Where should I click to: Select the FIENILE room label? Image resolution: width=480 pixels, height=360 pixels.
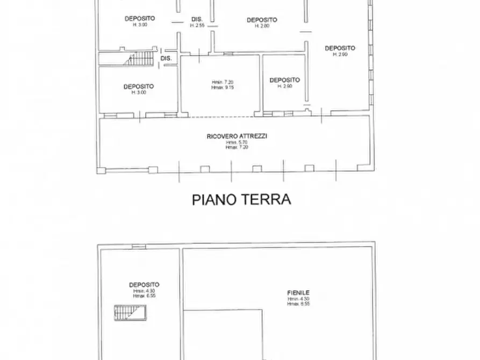[x=298, y=293]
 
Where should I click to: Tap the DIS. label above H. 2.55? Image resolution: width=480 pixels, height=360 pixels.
[x=197, y=20]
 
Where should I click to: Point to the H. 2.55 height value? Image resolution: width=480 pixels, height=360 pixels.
[x=197, y=25]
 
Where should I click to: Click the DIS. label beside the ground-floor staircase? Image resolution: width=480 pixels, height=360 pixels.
[x=166, y=58]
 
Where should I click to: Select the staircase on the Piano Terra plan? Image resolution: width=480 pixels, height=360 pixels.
[x=139, y=59]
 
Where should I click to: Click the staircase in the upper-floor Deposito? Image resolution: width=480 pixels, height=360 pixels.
[x=130, y=312]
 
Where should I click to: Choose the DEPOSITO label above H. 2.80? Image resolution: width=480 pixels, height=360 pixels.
[x=262, y=20]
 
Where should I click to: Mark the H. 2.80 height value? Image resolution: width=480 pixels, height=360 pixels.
[x=262, y=26]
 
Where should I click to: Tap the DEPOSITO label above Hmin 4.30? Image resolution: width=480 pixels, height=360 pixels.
[x=144, y=285]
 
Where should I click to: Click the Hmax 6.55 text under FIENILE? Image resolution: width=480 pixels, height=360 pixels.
[x=298, y=304]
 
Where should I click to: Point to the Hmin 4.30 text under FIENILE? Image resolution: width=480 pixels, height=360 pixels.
[x=298, y=299]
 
